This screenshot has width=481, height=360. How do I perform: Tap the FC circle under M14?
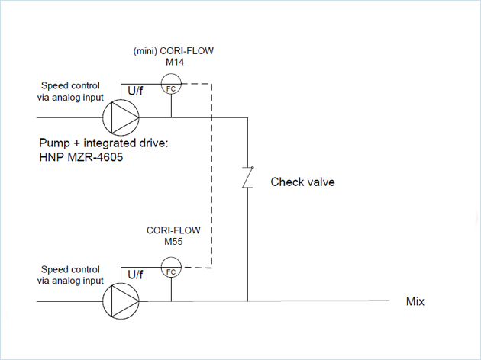click(171, 86)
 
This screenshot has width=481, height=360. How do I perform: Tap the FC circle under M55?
click(171, 271)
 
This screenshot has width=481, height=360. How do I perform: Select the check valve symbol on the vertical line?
click(247, 179)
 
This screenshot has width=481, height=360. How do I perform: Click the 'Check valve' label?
click(303, 182)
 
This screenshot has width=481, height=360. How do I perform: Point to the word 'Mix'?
click(415, 301)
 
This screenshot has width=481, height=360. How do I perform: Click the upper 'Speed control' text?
click(70, 86)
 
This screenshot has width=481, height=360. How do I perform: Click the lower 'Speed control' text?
click(70, 269)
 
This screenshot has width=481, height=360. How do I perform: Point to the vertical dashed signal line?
click(211, 175)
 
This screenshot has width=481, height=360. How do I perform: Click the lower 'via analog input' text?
click(70, 280)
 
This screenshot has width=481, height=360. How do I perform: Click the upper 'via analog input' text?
click(70, 97)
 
